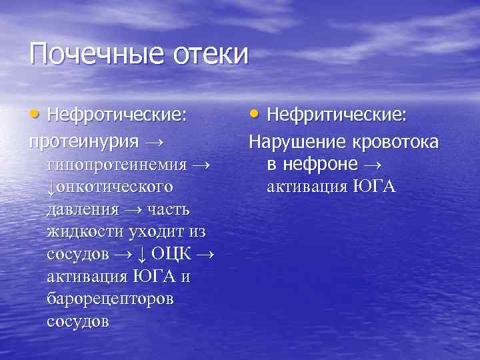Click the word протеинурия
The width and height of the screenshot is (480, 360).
pos(83,141)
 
